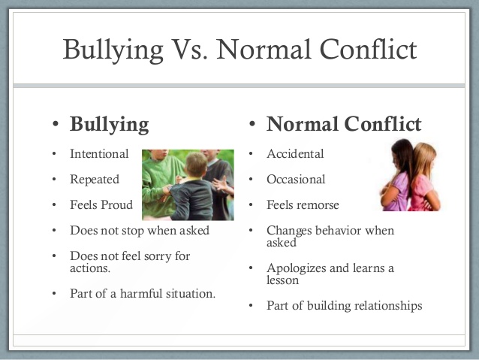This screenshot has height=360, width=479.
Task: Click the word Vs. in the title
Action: tap(189, 49)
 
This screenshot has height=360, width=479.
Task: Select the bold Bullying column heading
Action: tap(110, 125)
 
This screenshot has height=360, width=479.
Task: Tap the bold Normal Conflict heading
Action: tap(344, 124)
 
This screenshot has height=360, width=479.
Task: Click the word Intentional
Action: tap(99, 153)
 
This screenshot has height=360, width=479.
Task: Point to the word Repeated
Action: tap(95, 180)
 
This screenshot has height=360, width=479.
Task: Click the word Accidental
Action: tap(295, 153)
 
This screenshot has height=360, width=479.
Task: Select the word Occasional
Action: tap(296, 179)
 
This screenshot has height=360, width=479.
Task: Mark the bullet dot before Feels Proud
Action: tap(54, 205)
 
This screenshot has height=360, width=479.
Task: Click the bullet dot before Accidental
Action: tap(251, 154)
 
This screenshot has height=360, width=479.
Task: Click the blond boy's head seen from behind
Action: tap(197, 165)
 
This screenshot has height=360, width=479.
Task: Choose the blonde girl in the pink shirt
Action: tap(425, 177)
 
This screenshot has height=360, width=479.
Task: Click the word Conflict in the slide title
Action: tap(368, 49)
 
